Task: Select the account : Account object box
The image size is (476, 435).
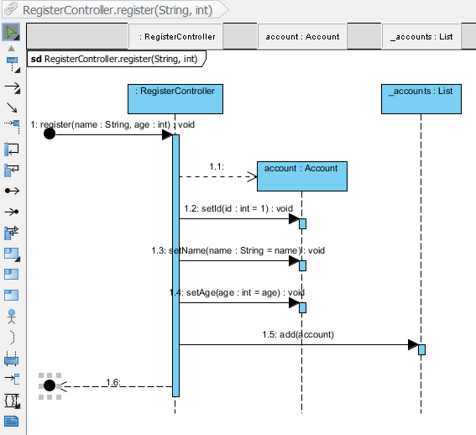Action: click(301, 176)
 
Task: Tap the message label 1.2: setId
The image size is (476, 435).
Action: click(238, 208)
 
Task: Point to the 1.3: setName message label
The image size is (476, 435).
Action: click(238, 250)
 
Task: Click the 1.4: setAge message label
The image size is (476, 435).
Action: click(237, 292)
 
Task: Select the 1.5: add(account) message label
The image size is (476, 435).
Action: click(297, 334)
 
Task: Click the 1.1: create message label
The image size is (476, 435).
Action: click(217, 167)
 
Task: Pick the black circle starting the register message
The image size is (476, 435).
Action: click(50, 134)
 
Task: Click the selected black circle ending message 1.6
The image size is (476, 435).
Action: click(50, 385)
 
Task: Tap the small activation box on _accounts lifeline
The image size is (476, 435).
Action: click(421, 349)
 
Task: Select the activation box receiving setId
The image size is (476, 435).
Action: click(302, 223)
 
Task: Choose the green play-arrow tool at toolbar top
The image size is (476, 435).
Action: click(12, 33)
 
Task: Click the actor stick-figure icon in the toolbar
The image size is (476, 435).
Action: click(12, 317)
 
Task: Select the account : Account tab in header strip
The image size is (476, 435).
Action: click(302, 36)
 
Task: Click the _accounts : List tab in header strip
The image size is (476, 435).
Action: click(421, 36)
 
